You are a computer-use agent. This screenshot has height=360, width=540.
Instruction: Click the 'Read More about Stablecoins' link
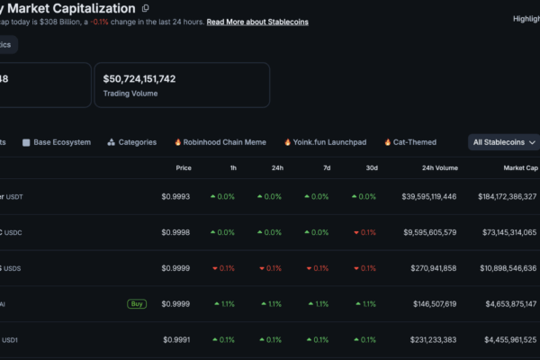click(x=257, y=22)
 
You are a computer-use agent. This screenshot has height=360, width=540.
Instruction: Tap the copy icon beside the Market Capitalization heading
click(x=145, y=8)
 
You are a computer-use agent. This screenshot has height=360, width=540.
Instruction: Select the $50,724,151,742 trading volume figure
click(x=139, y=79)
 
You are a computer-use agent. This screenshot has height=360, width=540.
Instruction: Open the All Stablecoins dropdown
click(x=504, y=142)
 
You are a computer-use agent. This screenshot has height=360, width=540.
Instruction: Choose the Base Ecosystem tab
click(x=57, y=142)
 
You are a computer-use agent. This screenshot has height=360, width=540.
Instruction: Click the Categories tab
click(x=132, y=142)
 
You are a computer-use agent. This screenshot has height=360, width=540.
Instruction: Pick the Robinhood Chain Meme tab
click(x=220, y=142)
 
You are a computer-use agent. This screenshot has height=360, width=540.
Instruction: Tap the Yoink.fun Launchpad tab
click(x=326, y=142)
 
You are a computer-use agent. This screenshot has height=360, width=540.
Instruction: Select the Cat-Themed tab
click(x=410, y=142)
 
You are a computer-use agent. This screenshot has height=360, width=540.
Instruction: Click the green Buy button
click(x=137, y=304)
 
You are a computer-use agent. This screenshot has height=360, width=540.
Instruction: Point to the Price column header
click(x=184, y=168)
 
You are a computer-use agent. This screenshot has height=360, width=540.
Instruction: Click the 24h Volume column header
click(x=440, y=168)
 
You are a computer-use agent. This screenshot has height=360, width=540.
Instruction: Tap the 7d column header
click(x=327, y=168)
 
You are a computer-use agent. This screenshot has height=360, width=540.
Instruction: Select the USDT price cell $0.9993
click(x=175, y=197)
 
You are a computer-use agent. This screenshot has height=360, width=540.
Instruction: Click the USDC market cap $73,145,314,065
click(x=509, y=232)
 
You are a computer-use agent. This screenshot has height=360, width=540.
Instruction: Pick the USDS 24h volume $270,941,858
click(x=434, y=268)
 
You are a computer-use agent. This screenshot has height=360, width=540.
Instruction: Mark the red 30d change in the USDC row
click(x=365, y=232)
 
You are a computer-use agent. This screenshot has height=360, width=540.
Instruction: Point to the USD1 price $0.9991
click(x=176, y=340)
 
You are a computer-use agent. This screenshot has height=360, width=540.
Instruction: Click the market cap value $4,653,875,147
click(x=511, y=304)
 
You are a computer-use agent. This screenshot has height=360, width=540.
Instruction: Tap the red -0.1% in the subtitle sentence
click(x=100, y=22)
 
